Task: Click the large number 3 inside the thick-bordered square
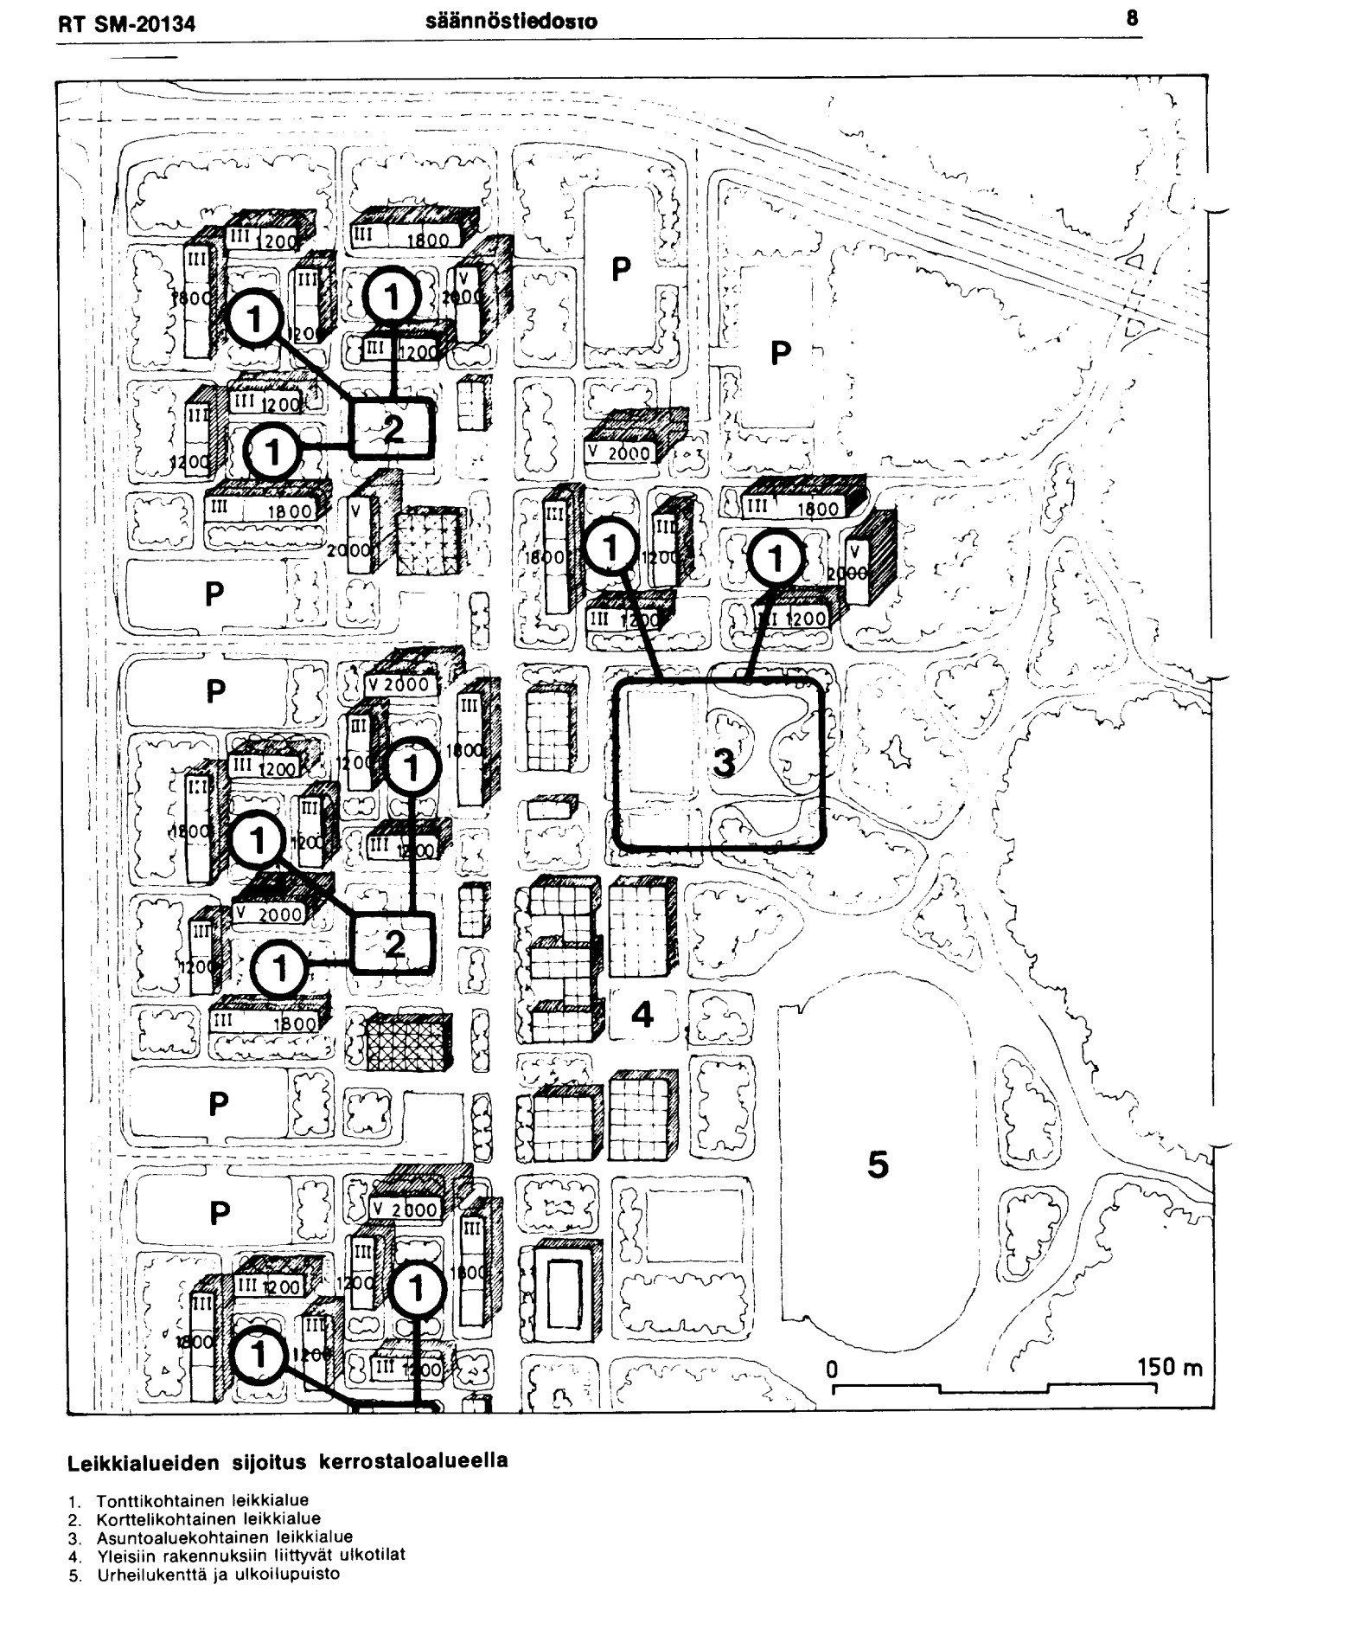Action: coord(723,762)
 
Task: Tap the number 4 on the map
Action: coord(642,1014)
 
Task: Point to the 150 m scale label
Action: coord(1170,1368)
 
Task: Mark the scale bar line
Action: coord(994,1389)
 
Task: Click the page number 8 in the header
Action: coord(1132,18)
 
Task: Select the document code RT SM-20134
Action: coord(127,25)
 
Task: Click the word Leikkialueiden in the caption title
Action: coord(141,1462)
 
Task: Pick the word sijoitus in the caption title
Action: coord(266,1462)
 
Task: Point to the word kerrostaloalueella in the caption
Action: coord(413,1462)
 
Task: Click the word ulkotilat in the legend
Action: coord(376,1555)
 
